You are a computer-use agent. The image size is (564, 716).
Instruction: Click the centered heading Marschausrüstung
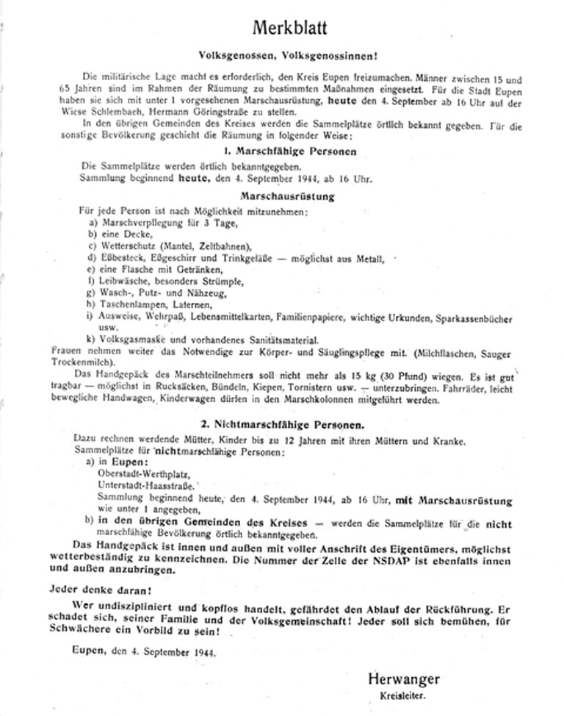287,196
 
